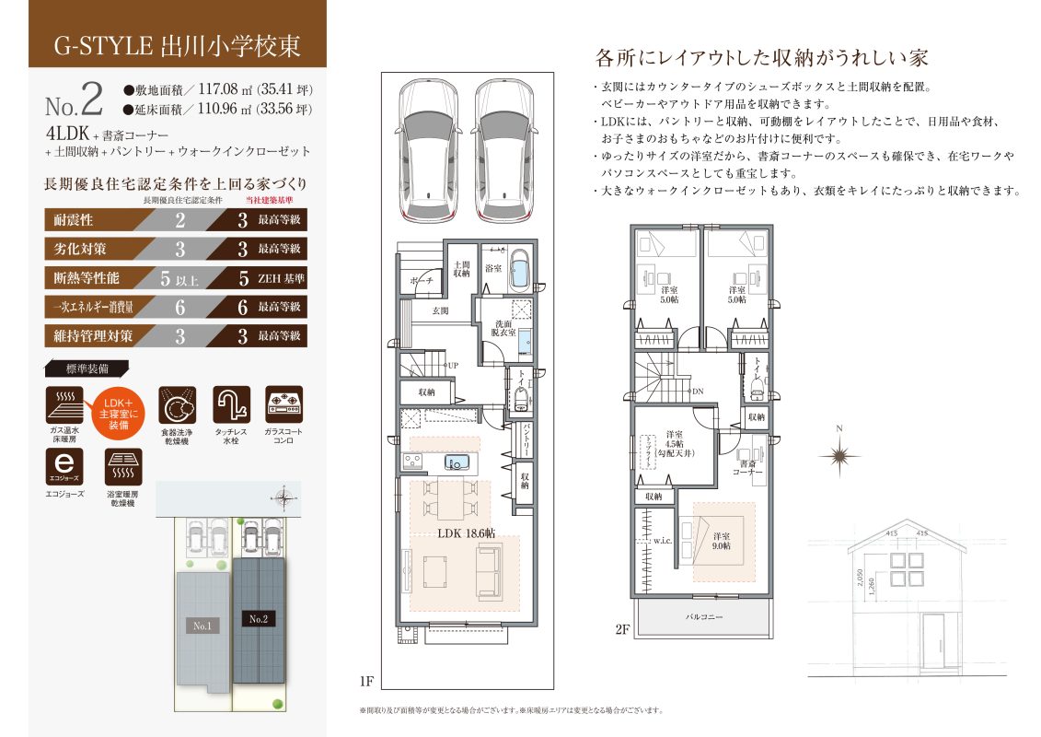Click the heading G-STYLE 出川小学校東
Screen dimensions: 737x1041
pyautogui.click(x=176, y=44)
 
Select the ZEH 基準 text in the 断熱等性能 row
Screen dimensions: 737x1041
pyautogui.click(x=282, y=277)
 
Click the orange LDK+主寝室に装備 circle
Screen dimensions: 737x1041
pyautogui.click(x=117, y=413)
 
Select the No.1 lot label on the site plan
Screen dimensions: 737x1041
pyautogui.click(x=202, y=626)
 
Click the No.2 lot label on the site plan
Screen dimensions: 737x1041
pyautogui.click(x=259, y=619)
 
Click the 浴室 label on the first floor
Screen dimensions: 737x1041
pyautogui.click(x=493, y=268)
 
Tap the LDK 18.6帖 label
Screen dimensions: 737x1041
pyautogui.click(x=466, y=533)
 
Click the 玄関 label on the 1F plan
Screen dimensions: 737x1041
pyautogui.click(x=441, y=311)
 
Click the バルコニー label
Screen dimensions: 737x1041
pyautogui.click(x=704, y=616)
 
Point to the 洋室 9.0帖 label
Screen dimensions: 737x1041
pyautogui.click(x=721, y=541)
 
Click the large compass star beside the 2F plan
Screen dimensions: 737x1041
pyautogui.click(x=839, y=454)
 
